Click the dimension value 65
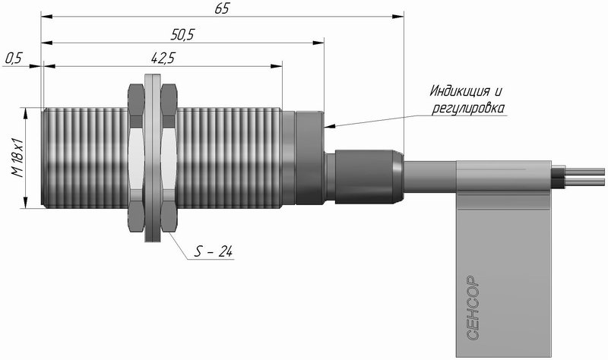(x=222, y=8)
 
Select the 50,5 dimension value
(x=182, y=35)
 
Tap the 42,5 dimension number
(x=163, y=58)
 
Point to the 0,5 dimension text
(x=14, y=58)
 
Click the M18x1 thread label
(x=17, y=158)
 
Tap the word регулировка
(x=468, y=108)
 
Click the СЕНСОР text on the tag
(x=473, y=308)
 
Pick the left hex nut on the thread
(x=136, y=158)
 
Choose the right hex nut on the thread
(x=169, y=158)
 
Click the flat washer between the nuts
(x=153, y=158)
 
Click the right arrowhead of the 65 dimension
(x=397, y=16)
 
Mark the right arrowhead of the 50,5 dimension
(x=318, y=43)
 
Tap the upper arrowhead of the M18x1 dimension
(x=26, y=113)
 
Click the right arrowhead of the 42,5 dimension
(x=276, y=66)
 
